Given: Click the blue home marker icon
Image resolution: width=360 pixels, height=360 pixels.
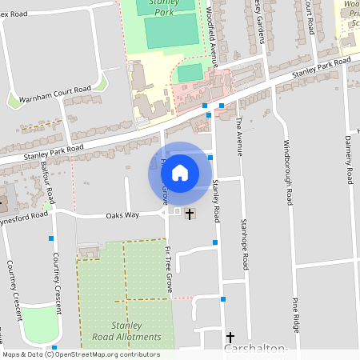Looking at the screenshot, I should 180,172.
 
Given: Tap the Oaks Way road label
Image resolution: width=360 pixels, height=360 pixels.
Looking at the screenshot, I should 122,215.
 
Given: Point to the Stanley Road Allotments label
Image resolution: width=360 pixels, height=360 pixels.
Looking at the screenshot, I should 126,331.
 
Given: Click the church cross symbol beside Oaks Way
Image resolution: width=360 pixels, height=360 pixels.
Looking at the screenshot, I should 190,214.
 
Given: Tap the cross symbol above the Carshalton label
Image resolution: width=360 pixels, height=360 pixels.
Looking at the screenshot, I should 230,338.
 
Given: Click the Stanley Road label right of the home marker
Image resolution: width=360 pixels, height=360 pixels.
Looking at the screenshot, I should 216,201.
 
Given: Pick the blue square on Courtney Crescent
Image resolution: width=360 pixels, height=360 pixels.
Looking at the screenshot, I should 51,238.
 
